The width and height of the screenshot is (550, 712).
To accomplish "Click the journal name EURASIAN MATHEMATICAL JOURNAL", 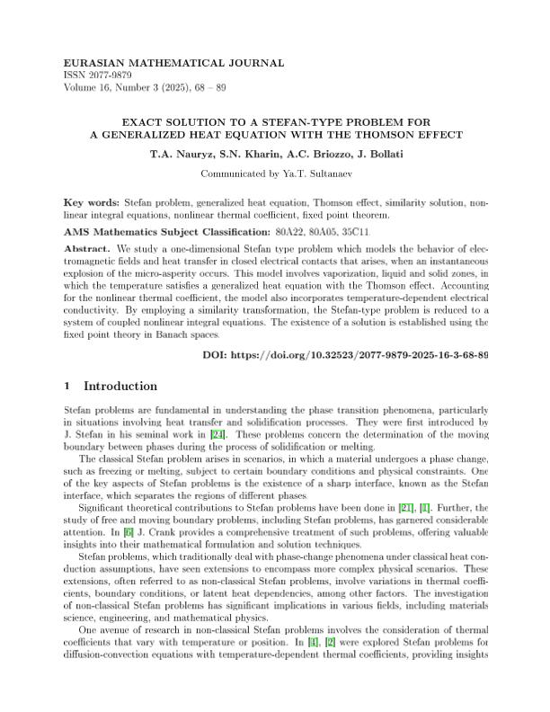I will (174, 63).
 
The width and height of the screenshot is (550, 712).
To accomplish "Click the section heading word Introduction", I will (120, 387).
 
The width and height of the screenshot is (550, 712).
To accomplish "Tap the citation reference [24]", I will (217, 435).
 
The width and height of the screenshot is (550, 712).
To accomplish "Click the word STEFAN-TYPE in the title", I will (302, 120).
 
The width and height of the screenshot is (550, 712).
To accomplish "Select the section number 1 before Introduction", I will (68, 387).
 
